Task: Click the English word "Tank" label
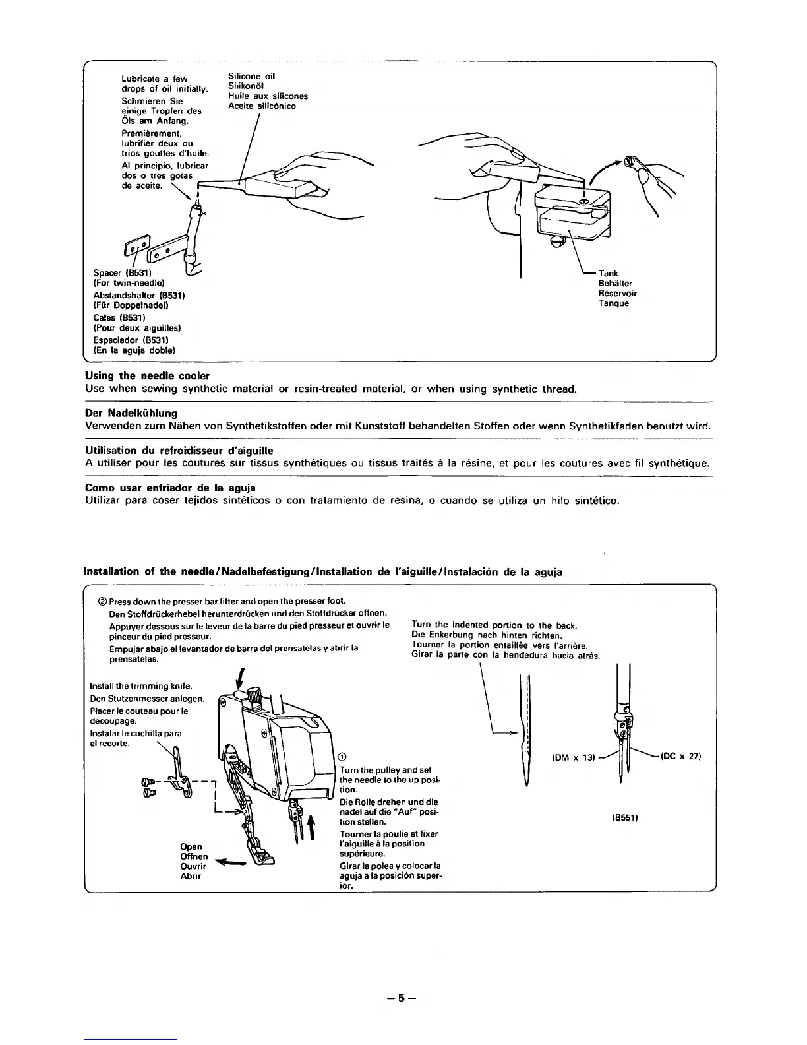click(608, 273)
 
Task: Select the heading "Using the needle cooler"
click(148, 376)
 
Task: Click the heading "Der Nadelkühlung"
click(132, 413)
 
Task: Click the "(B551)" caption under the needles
click(623, 818)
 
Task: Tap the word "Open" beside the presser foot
click(191, 846)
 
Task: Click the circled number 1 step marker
click(341, 757)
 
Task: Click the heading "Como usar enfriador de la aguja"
click(170, 488)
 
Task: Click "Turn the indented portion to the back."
click(494, 625)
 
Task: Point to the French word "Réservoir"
click(617, 293)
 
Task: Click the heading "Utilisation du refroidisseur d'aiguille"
click(179, 450)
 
